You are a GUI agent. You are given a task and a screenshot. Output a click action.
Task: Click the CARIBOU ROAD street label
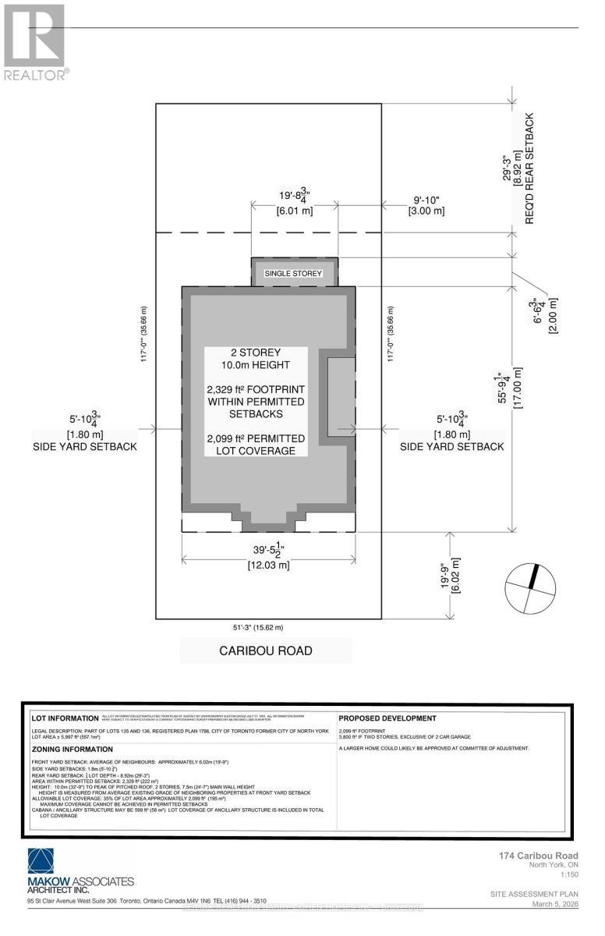tap(265, 651)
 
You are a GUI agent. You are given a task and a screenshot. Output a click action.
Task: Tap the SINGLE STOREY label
tap(294, 274)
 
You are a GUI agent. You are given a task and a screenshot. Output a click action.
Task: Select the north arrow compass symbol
tap(530, 587)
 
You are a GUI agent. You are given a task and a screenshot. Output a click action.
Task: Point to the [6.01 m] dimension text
tap(295, 211)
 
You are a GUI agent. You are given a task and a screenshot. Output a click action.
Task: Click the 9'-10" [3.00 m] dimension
tap(428, 205)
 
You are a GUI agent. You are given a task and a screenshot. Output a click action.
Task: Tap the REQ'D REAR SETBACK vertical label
tap(529, 168)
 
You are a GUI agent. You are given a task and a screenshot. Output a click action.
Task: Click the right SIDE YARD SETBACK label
tap(451, 446)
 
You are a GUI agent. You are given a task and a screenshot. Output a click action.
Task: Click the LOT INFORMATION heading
tap(62, 718)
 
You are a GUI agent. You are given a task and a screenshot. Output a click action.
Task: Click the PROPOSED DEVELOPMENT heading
tap(387, 718)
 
